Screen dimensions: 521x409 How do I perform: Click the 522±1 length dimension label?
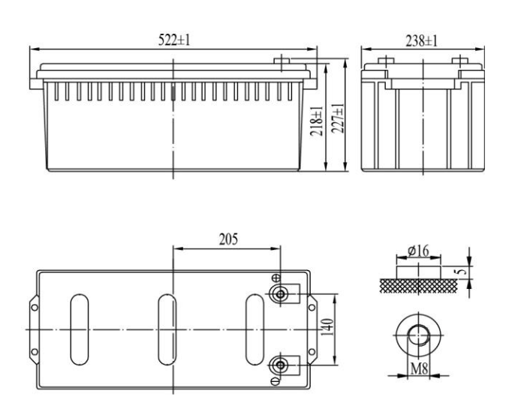point(174,41)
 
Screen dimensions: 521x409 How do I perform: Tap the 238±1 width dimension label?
point(421,41)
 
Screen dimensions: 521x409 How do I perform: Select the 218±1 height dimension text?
point(317,122)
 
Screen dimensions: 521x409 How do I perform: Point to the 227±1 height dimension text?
point(338,119)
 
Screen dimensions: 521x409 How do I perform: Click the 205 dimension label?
point(228,239)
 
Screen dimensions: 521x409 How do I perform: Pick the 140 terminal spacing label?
point(327,327)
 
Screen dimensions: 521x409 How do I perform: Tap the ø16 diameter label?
point(419,251)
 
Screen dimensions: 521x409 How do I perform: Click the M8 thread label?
point(419,368)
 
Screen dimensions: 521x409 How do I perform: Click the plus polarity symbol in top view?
point(276,278)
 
